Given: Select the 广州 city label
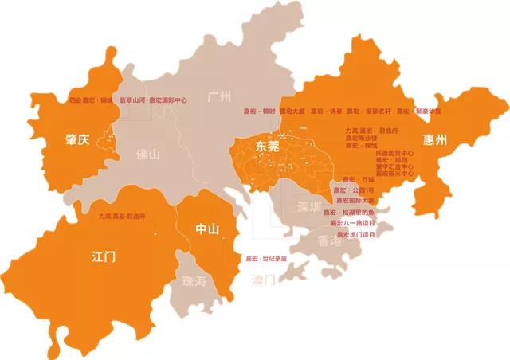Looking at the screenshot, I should [218, 97].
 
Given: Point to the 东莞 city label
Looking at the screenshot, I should [268, 147].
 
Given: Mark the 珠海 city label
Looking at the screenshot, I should [194, 281].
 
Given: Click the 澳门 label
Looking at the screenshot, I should [263, 280].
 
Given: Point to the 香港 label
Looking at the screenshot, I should [329, 241].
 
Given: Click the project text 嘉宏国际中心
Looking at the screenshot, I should [169, 100].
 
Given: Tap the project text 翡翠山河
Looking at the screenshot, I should [132, 100].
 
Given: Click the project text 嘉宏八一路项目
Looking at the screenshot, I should [356, 224].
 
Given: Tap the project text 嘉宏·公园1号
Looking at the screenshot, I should [353, 190].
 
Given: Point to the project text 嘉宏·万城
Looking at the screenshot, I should [357, 180].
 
